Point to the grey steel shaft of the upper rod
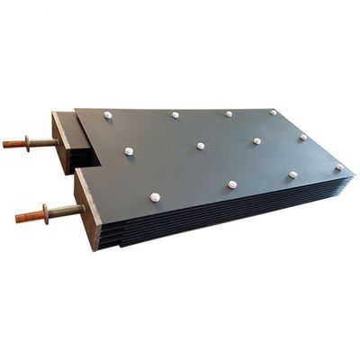click(x=45, y=141)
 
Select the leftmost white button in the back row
click(x=108, y=114)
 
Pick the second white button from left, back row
click(x=175, y=115)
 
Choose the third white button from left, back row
click(x=229, y=113)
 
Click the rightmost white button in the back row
click(x=274, y=112)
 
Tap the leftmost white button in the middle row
click(x=129, y=150)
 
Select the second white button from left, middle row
click(x=200, y=145)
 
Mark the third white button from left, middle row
click(x=256, y=140)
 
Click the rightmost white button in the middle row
click(x=303, y=137)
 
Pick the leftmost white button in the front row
click(x=156, y=195)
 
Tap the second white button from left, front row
click(x=232, y=184)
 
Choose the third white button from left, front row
click(x=292, y=175)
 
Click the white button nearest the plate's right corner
click(x=339, y=166)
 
